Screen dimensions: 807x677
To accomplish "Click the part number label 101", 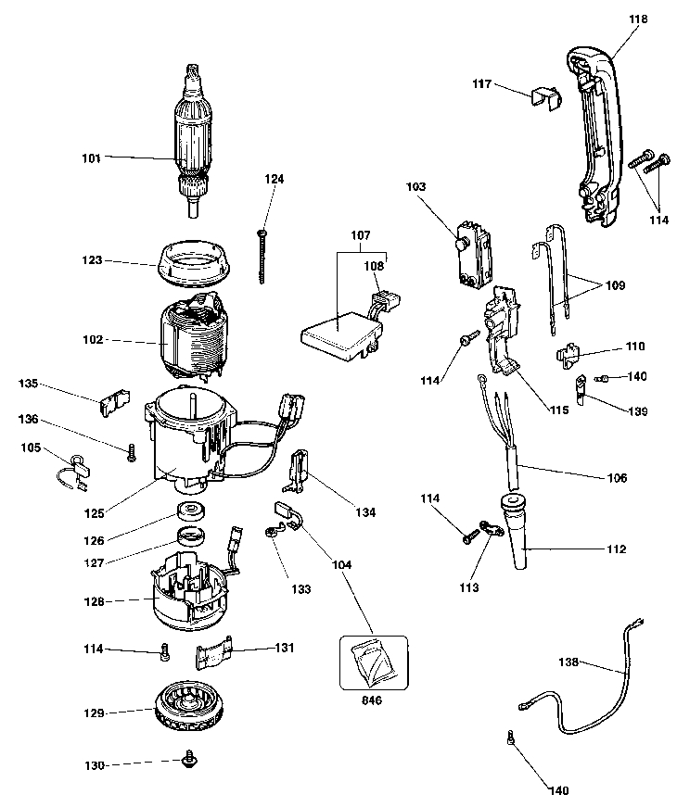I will click(91, 158).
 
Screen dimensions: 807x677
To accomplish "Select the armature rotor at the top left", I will click(193, 139).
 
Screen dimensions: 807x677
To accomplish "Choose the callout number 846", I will click(373, 700).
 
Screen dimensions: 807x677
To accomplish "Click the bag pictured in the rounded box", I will click(374, 661).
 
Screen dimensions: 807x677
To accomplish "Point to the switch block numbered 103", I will click(473, 251).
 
